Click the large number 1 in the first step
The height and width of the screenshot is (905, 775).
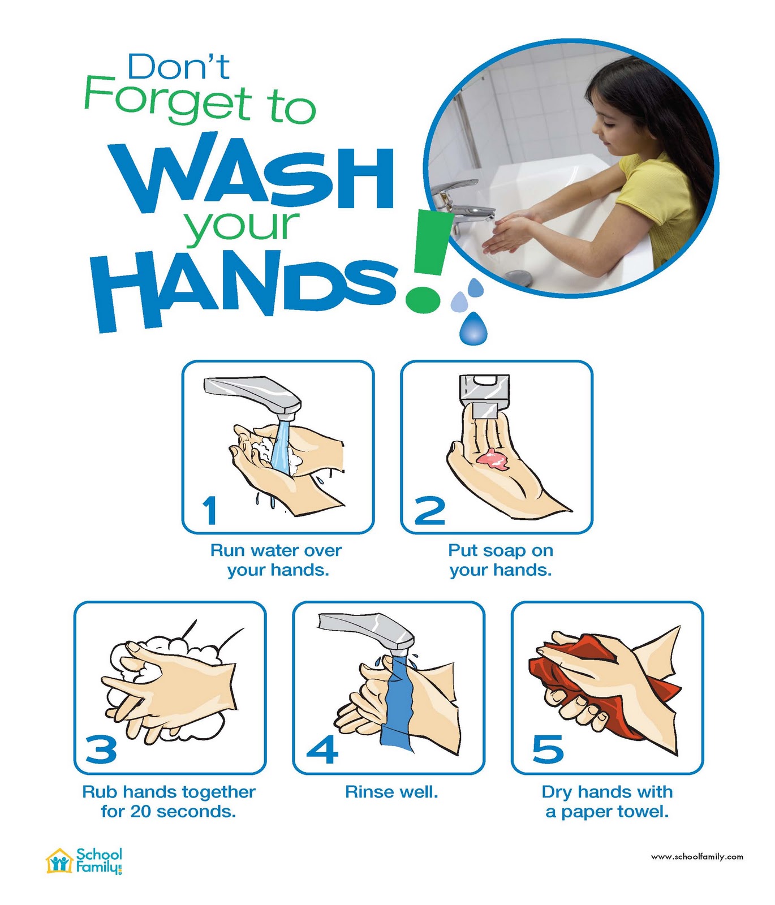pos(210,510)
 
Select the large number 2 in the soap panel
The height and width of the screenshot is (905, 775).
pos(430,510)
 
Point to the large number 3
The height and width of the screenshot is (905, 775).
pos(101,750)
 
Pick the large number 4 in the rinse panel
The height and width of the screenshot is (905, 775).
pos(322,750)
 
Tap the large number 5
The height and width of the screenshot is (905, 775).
pos(548,750)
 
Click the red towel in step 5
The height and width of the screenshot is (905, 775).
pos(600,679)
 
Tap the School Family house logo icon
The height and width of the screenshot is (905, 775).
pos(59,861)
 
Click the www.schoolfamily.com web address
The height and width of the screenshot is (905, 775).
pos(697,857)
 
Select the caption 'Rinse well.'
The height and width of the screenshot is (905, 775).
pos(391,792)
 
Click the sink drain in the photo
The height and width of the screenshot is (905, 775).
pos(518,278)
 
